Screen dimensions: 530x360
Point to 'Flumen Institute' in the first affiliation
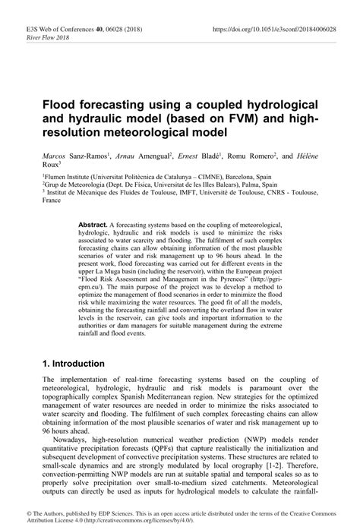(70, 176)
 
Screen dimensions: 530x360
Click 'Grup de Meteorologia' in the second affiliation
(77, 185)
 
